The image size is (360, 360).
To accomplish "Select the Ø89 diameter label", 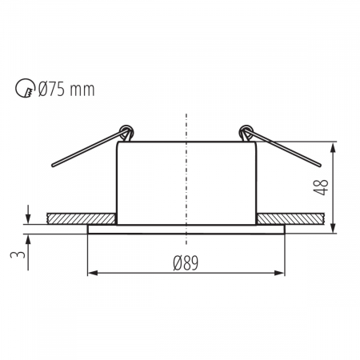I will pos(186,262).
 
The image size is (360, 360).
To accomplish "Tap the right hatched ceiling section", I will pos(290,218).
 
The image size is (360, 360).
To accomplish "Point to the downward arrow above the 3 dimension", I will pos(28,216).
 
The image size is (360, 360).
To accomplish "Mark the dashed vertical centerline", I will pos(186,176).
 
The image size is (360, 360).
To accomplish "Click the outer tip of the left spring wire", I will pos(52,166).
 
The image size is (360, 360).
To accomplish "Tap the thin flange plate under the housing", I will pos(186,229).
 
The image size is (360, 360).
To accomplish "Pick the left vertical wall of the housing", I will pos(118,184).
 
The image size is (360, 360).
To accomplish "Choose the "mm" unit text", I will pos(82,90).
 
